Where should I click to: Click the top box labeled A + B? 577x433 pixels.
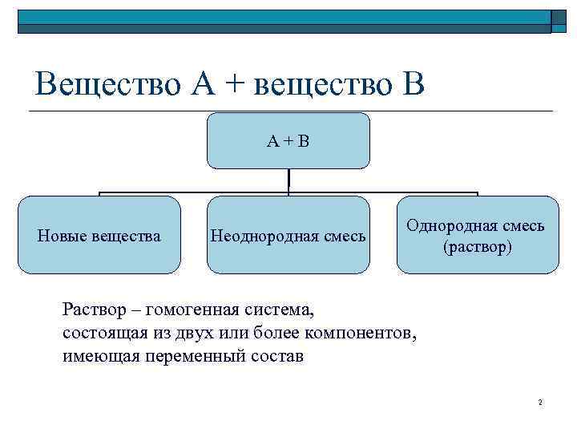[288, 141]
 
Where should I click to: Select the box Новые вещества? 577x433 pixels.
[99, 236]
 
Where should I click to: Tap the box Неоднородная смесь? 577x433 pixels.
[288, 236]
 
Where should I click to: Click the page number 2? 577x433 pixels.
[541, 402]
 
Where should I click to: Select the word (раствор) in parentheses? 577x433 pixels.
[477, 247]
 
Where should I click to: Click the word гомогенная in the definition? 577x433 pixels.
[187, 309]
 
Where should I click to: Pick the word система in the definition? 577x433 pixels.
[280, 309]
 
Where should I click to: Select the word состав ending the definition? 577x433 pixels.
[278, 356]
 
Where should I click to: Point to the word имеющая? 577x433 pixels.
[100, 356]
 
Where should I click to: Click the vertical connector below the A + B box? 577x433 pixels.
[288, 181]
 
